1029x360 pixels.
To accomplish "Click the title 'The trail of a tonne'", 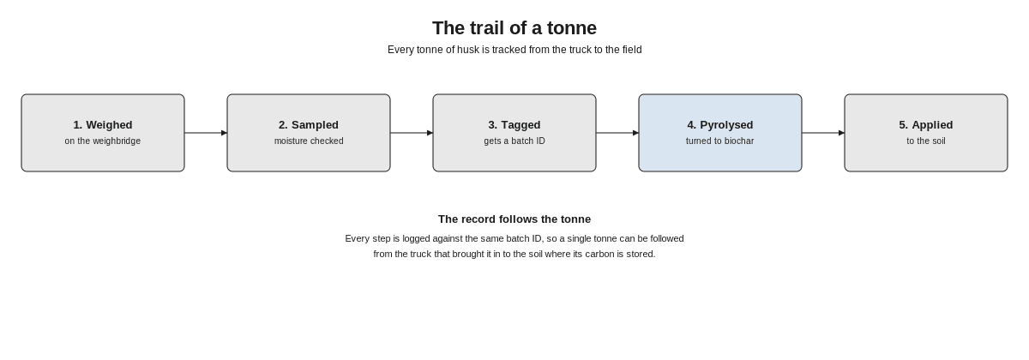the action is click(x=514, y=28).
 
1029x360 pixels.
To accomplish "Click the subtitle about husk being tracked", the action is click(x=514, y=50).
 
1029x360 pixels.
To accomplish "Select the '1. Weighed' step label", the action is click(x=103, y=125).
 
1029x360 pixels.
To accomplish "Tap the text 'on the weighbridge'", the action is click(x=103, y=141).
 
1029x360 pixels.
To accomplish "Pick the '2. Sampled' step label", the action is click(x=309, y=125).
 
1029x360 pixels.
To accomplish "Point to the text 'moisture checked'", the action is click(x=309, y=141).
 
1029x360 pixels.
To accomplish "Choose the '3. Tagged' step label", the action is click(x=514, y=125).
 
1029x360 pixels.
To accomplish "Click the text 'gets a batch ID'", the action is click(x=514, y=141).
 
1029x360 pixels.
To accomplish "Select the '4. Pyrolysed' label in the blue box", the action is click(x=720, y=125).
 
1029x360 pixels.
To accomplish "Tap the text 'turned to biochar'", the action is click(x=720, y=141).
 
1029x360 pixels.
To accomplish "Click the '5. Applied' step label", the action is click(x=926, y=125).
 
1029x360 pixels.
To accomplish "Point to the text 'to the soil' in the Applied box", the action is click(x=926, y=141).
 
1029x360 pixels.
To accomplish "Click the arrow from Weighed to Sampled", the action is click(x=206, y=133).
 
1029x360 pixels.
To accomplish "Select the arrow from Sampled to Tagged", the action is click(x=412, y=133).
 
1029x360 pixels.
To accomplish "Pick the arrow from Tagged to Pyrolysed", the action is click(x=617, y=133).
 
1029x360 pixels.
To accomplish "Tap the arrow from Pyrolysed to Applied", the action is click(x=823, y=133).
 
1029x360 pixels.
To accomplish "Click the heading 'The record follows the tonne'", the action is click(x=514, y=219).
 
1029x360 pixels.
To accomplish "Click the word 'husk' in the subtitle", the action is click(x=468, y=50).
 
